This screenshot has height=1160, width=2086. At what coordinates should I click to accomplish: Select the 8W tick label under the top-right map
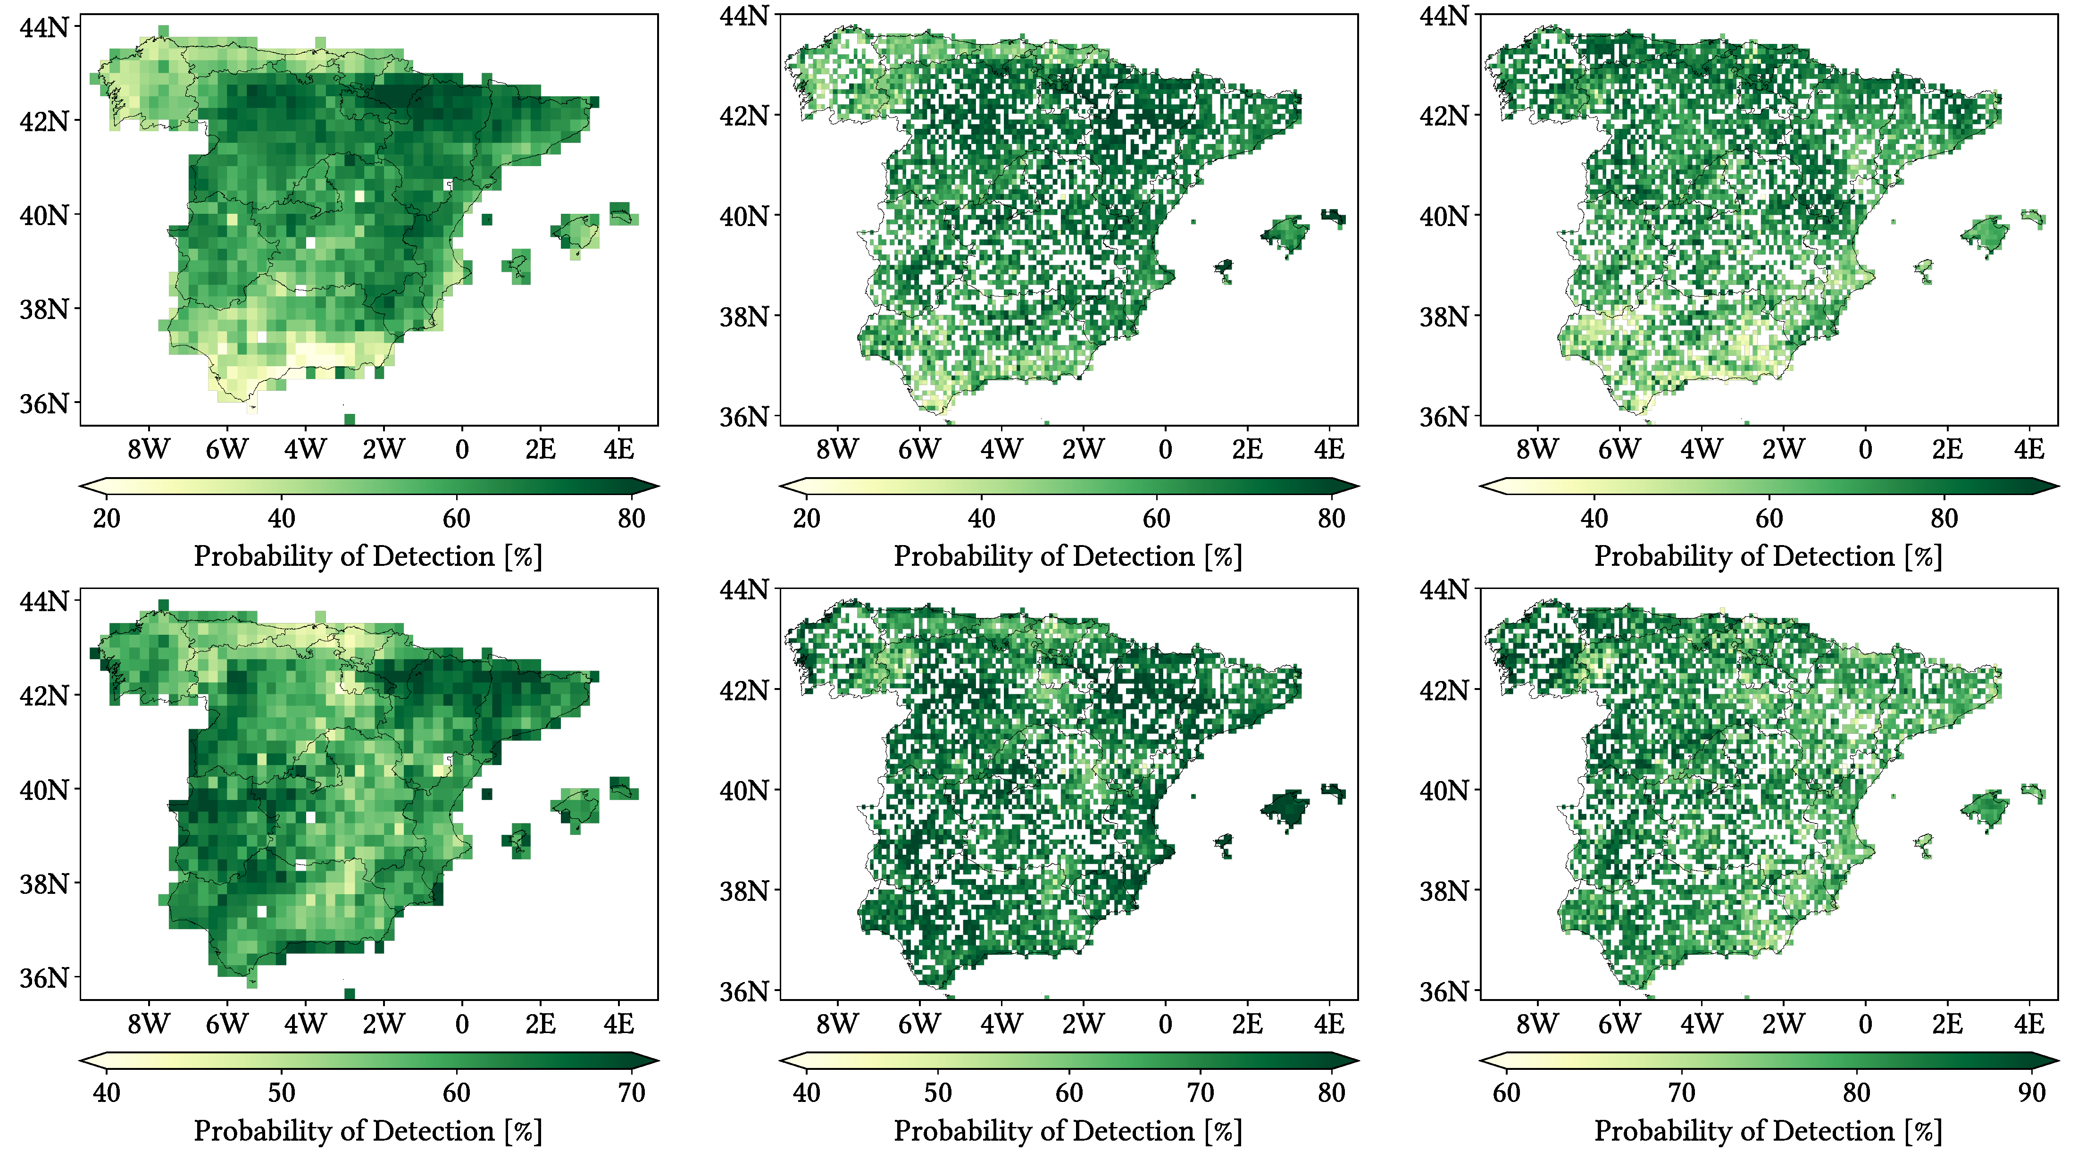1536,450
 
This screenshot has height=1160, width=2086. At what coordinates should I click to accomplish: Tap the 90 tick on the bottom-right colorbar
2031,1093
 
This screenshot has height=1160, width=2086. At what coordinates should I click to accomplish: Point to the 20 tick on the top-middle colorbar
807,519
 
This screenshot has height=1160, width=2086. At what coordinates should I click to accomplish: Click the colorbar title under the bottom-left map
367,1131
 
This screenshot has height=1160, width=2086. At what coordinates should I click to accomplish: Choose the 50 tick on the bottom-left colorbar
281,1093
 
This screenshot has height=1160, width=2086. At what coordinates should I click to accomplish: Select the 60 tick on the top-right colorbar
1769,519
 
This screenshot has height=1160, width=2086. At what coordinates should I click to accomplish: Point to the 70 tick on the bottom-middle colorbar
1200,1093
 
